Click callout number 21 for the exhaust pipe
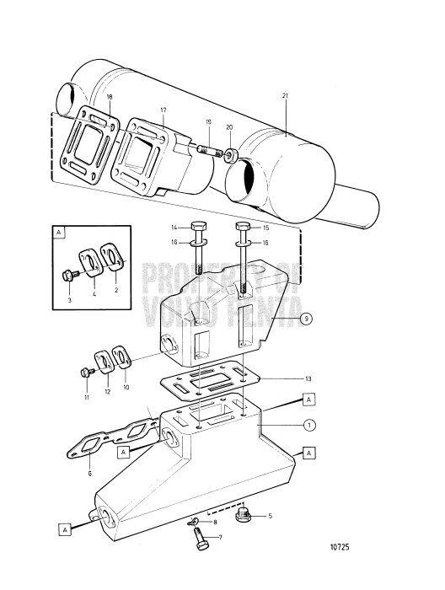[285, 97]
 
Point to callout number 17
[163, 110]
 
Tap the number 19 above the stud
[208, 122]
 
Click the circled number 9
[308, 318]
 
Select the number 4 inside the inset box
[94, 294]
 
